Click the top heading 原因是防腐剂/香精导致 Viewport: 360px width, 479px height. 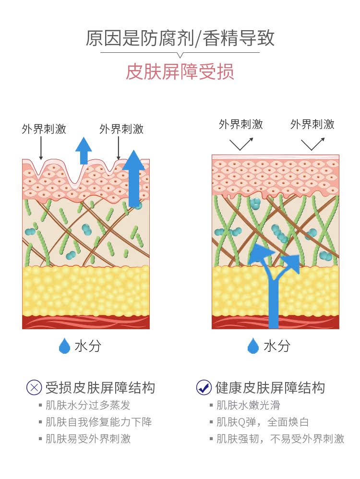[x=180, y=38]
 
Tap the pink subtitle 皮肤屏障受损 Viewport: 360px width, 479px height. [x=180, y=72]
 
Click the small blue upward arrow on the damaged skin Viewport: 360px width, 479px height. [x=84, y=150]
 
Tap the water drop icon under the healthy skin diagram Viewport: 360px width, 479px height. [x=253, y=346]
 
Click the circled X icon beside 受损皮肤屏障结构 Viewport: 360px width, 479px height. [x=34, y=387]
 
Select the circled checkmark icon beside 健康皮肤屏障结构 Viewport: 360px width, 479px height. [x=204, y=387]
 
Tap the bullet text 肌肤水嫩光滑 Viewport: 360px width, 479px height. [x=248, y=406]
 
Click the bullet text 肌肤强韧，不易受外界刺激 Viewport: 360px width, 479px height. [x=280, y=439]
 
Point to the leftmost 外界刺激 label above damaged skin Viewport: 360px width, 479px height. [x=44, y=129]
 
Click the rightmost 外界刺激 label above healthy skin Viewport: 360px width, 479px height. [x=312, y=124]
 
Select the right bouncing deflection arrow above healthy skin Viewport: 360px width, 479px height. [x=312, y=144]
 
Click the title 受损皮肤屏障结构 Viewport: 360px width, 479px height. [x=100, y=387]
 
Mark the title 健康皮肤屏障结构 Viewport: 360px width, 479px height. [x=270, y=387]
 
